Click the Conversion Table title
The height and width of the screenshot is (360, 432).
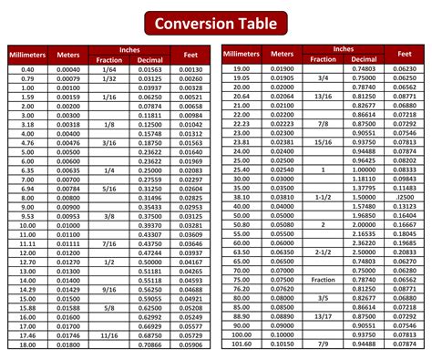pos(216,21)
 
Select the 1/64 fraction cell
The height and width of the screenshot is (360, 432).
pos(109,69)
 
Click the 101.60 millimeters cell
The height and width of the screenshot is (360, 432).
pos(242,345)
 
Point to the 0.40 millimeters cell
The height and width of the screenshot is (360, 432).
pos(27,69)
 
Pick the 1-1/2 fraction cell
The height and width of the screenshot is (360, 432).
pos(324,196)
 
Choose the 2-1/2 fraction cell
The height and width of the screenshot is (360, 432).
pos(324,252)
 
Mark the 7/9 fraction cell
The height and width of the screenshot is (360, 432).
pos(324,345)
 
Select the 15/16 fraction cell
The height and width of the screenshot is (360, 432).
pos(324,141)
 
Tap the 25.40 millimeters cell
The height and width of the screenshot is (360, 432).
pos(242,169)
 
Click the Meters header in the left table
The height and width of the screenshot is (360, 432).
pos(68,55)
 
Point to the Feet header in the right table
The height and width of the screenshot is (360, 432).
pos(403,55)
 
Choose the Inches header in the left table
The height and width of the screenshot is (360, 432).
pos(129,49)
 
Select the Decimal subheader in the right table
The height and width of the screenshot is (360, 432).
pos(364,59)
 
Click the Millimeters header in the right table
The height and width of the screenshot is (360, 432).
pos(242,55)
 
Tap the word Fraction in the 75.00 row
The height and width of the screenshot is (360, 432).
pos(324,280)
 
